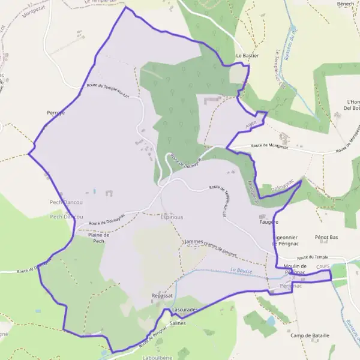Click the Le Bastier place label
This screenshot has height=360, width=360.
click(247, 55)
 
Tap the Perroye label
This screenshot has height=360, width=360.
click(55, 112)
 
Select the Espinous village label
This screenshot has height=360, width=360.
click(172, 217)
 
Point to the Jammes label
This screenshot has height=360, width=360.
click(194, 241)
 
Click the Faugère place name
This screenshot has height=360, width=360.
click(268, 222)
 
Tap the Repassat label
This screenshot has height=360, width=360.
click(162, 295)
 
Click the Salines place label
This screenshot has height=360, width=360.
click(178, 323)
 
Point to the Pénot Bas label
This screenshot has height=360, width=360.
click(326, 238)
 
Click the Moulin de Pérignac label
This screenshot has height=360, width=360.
click(295, 269)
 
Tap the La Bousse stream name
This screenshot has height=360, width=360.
click(242, 271)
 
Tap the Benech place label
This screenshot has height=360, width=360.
click(346, 4)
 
